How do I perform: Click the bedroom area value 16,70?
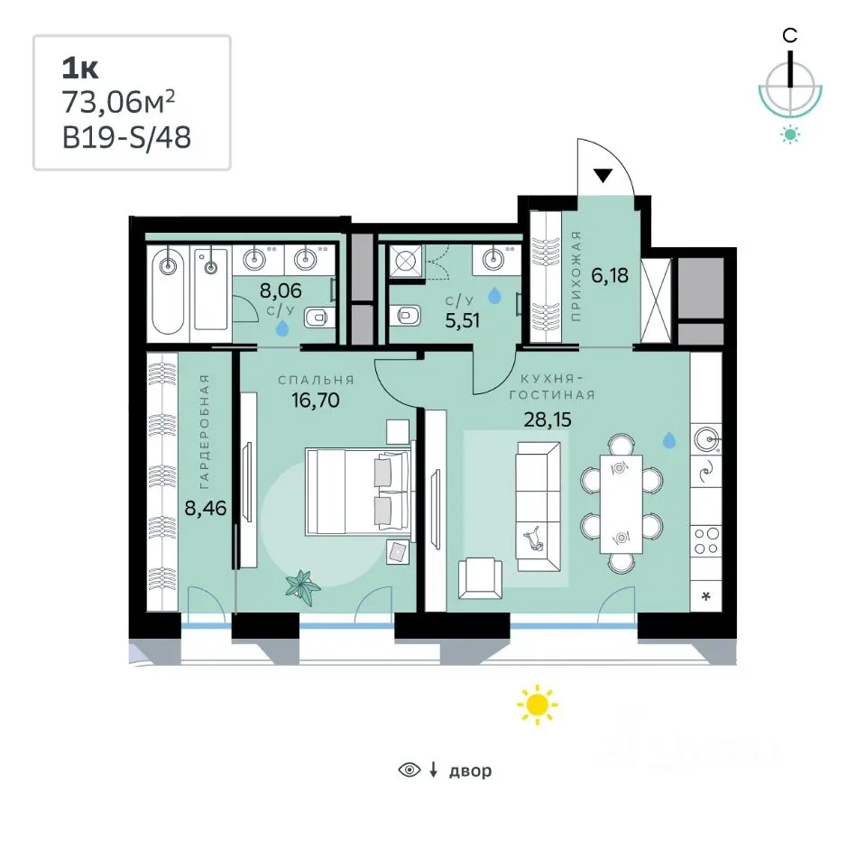click(316, 400)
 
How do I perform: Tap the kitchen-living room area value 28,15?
click(548, 419)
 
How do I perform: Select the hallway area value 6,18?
click(610, 275)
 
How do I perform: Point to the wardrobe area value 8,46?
click(206, 508)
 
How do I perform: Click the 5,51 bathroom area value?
click(462, 320)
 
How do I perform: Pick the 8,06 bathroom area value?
click(281, 290)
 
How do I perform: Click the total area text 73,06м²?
click(118, 102)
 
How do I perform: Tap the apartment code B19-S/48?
click(126, 137)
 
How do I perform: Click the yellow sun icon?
click(538, 705)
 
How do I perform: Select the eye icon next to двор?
click(410, 769)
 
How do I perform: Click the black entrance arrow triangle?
click(603, 176)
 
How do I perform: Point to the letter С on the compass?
click(790, 36)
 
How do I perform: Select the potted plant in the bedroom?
click(303, 585)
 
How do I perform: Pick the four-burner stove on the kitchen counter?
click(706, 541)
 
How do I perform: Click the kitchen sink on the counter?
click(706, 439)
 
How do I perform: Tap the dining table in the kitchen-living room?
click(622, 503)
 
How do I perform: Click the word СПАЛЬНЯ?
click(316, 380)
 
